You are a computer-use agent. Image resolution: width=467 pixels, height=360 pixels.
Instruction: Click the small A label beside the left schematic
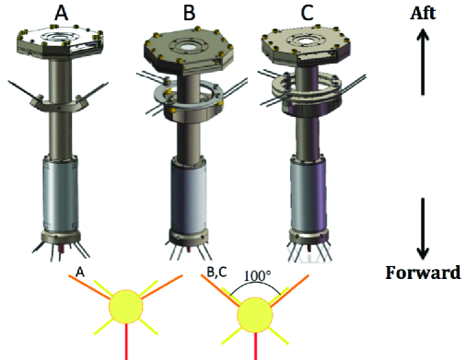[x=80, y=273]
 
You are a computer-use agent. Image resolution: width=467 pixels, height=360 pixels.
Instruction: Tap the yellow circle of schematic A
[x=126, y=308]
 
